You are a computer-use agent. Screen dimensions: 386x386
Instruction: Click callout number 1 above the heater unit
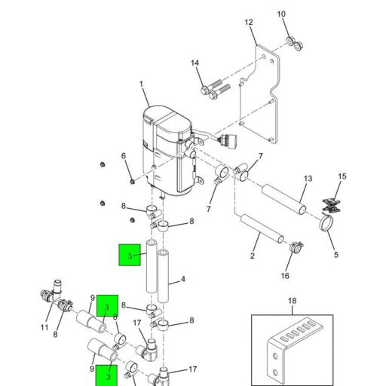tap(141, 84)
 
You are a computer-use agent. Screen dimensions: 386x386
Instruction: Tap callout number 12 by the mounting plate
tap(249, 23)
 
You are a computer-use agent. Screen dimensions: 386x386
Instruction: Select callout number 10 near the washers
tap(281, 14)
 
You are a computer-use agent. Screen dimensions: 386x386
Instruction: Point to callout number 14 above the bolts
tap(195, 63)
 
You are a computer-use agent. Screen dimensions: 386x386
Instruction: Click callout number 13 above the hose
tap(308, 179)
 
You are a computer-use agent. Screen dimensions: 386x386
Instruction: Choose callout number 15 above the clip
tap(342, 176)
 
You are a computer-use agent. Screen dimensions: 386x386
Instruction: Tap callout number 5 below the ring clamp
tap(336, 255)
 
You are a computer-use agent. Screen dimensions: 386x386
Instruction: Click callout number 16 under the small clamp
tap(285, 276)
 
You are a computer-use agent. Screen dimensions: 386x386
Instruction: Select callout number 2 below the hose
tap(253, 256)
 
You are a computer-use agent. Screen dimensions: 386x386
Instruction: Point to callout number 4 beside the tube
tap(183, 279)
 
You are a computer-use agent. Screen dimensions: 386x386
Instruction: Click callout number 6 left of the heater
tap(124, 156)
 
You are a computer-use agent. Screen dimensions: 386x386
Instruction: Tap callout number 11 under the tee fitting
tap(44, 328)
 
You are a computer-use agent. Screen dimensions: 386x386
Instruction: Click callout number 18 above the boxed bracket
tap(292, 301)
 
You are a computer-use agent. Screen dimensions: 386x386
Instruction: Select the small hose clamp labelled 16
tap(296, 247)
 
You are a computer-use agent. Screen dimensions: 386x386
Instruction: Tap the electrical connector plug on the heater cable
tap(228, 139)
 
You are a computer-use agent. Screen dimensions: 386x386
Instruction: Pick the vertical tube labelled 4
tap(163, 276)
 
